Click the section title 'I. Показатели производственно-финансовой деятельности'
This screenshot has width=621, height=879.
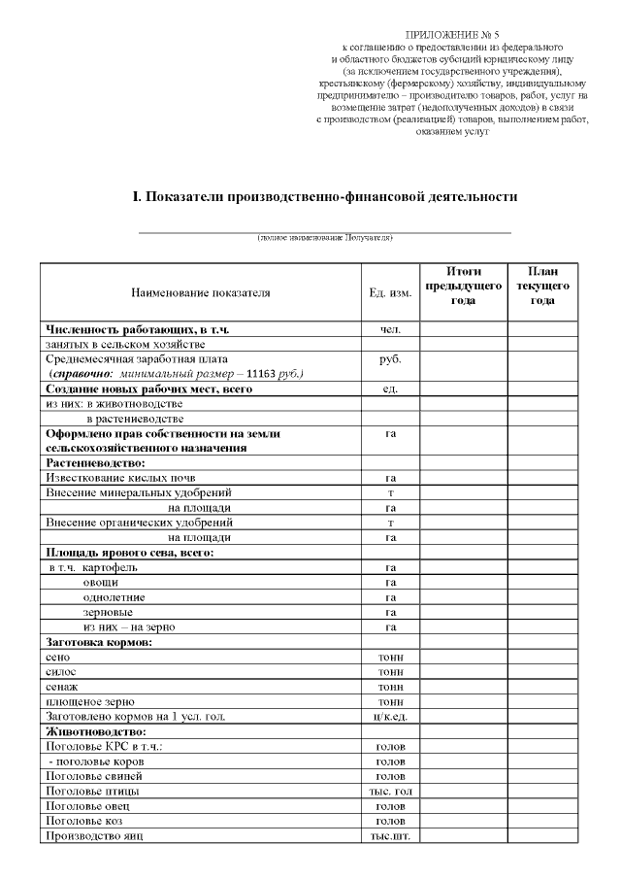[325, 197]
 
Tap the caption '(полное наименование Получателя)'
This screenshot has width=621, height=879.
[325, 238]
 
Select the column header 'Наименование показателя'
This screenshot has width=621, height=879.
[201, 291]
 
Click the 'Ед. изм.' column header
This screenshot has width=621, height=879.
[390, 291]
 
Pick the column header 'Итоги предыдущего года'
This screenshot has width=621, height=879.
[463, 286]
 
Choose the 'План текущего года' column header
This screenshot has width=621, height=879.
[542, 286]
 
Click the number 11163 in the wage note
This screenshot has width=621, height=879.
[254, 373]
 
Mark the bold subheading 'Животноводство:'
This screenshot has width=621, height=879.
[96, 730]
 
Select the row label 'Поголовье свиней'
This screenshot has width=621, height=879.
[94, 776]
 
